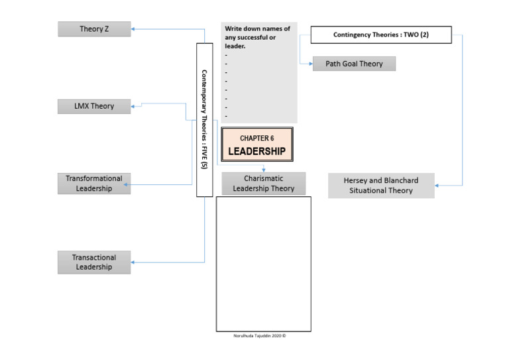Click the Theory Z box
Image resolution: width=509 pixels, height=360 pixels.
(94, 29)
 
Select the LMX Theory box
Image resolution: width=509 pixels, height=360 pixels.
(94, 106)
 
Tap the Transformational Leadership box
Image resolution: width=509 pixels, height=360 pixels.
(94, 184)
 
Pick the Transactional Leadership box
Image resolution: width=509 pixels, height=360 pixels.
(94, 262)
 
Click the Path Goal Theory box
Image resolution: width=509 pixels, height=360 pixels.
(354, 64)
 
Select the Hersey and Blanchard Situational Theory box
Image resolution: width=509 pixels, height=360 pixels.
(381, 186)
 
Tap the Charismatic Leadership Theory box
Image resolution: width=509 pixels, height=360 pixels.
(264, 184)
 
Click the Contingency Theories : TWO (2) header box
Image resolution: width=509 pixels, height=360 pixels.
(381, 34)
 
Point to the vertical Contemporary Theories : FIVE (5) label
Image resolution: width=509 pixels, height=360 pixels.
(204, 119)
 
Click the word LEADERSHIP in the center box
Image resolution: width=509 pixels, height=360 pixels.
(256, 151)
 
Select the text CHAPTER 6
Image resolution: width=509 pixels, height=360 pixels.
(256, 138)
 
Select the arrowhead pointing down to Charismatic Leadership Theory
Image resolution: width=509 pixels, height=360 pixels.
(264, 170)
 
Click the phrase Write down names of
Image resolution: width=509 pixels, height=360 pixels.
(257, 29)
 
